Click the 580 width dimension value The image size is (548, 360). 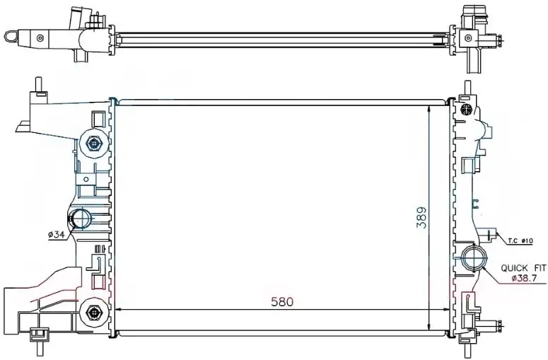coord(282,301)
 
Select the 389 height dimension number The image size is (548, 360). coord(422,218)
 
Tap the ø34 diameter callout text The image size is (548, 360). coord(57,235)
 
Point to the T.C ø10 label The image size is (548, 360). coord(520,240)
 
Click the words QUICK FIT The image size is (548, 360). coord(523,268)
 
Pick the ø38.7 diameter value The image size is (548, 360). coord(523,278)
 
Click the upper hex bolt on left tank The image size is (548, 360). coord(93,144)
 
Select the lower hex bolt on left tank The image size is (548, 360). coord(93,312)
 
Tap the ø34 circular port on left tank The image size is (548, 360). coord(81,219)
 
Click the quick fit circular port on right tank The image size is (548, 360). coord(474,259)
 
